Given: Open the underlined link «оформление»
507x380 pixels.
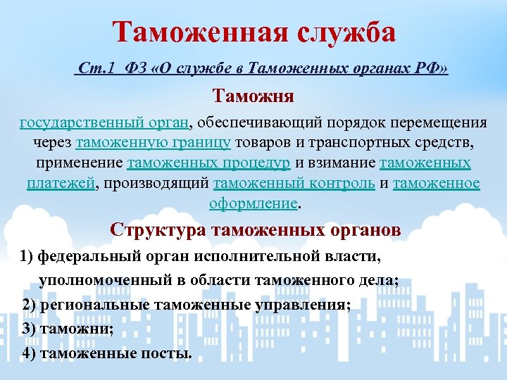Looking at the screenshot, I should click(254, 204).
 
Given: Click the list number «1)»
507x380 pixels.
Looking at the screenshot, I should click(27, 256).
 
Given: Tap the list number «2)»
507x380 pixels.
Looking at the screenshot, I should click(30, 304).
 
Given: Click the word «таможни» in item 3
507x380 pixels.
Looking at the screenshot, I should click(74, 328).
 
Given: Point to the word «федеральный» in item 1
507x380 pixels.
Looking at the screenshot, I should click(82, 256).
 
